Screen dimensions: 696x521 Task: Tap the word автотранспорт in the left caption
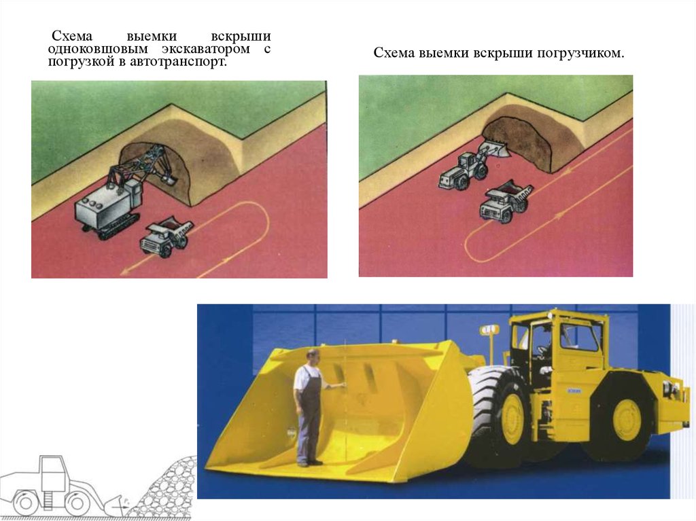click(178, 61)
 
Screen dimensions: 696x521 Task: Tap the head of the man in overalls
click(313, 357)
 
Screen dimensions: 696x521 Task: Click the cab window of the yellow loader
click(578, 338)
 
